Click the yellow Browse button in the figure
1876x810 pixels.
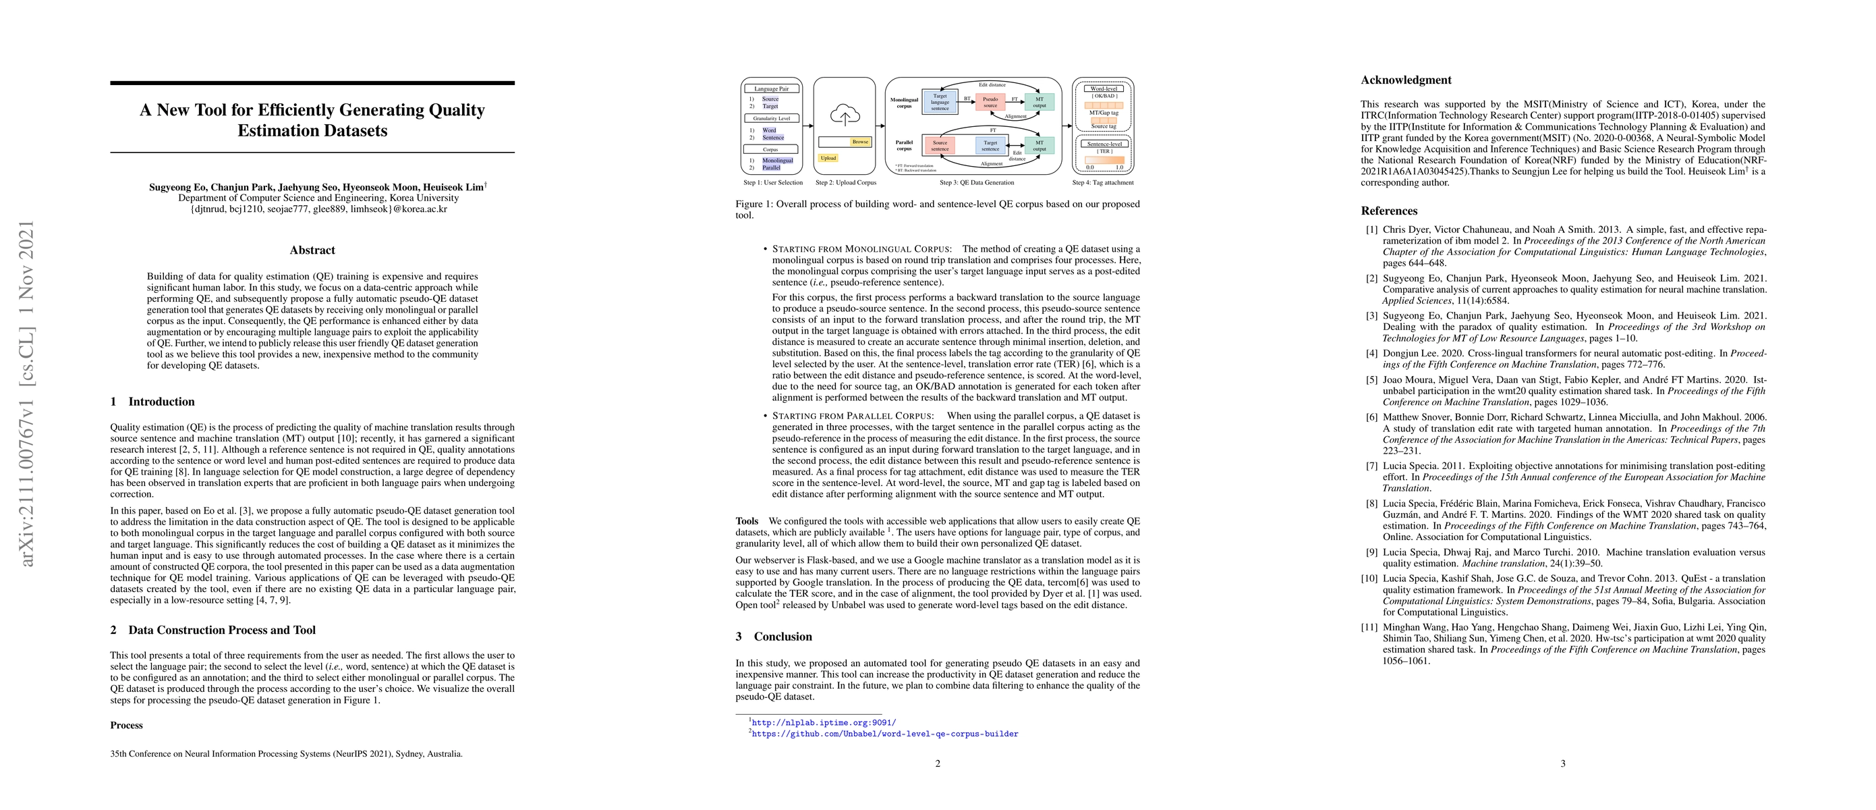860,142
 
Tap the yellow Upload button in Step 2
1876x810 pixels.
828,157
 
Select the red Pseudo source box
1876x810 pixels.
990,102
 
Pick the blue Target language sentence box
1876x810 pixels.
940,102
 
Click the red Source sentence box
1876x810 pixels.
940,146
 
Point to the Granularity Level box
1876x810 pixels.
771,118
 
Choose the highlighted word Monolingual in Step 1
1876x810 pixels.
777,160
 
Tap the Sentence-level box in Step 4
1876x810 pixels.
1104,144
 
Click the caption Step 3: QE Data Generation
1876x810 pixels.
977,183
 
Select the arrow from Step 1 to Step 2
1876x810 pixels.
808,126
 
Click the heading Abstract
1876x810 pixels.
312,250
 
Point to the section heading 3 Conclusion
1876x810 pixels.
775,637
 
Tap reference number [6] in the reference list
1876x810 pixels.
1371,417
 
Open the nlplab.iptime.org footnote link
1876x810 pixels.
824,723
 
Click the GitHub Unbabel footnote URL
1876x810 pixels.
885,734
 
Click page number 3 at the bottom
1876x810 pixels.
1563,763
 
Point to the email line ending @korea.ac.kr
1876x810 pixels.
312,209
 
